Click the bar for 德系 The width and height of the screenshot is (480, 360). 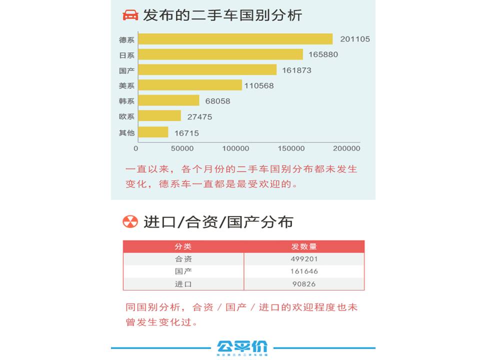(x=235, y=39)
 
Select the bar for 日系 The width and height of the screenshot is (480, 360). (x=220, y=54)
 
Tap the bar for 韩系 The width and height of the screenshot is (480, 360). (x=168, y=100)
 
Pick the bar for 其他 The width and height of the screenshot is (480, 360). (x=153, y=132)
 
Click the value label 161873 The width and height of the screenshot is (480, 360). (x=296, y=70)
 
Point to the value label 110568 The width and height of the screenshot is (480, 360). (x=259, y=86)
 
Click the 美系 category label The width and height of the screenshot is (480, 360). (x=126, y=86)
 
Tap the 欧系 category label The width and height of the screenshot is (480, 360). (x=126, y=117)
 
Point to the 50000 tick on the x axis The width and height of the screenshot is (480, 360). (x=182, y=148)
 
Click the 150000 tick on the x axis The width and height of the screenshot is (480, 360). (x=291, y=148)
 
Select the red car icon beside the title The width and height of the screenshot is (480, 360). (x=130, y=15)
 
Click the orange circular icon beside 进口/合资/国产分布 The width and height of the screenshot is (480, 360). (x=130, y=221)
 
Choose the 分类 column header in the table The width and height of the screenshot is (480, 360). (x=183, y=246)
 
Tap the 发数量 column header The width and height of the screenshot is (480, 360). (x=304, y=246)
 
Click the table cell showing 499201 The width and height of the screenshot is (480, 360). (x=304, y=259)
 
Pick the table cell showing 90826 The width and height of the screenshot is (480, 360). (x=304, y=284)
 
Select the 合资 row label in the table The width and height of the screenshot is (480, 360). (x=183, y=259)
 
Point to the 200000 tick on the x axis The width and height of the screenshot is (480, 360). (x=346, y=148)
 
